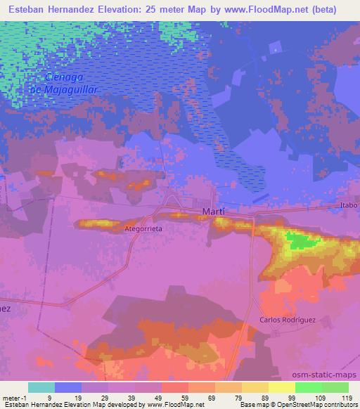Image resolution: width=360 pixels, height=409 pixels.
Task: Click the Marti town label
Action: tap(212, 212)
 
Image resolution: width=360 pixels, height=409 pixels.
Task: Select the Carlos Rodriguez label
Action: tap(287, 319)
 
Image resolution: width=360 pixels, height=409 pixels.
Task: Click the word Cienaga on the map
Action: tap(65, 77)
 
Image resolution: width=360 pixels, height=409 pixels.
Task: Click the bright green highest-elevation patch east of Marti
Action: tap(301, 242)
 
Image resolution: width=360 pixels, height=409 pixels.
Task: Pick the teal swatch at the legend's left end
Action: tap(41, 387)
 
